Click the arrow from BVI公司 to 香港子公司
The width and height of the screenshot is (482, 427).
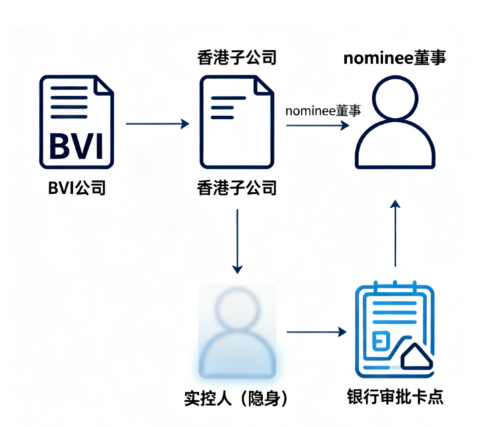(x=158, y=123)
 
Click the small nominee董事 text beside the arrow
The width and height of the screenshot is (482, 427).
(x=323, y=110)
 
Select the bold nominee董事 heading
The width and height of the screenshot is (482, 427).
(x=395, y=57)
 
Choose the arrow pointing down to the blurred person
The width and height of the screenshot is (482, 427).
(x=237, y=240)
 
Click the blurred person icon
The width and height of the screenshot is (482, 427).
(x=238, y=330)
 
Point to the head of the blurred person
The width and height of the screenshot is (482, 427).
(x=238, y=310)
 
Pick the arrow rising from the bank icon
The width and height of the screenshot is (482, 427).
(x=396, y=234)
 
